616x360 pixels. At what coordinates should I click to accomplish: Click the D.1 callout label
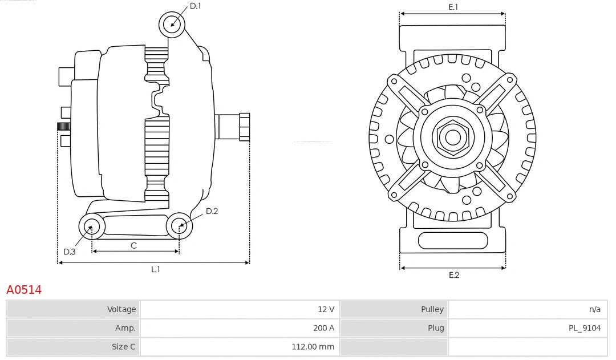pos(195,6)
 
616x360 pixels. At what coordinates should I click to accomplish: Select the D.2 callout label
pos(212,211)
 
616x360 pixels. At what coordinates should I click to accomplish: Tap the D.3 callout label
pos(69,252)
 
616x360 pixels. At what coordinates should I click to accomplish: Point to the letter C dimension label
pos(133,245)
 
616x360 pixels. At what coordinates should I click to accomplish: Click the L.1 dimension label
pos(155,269)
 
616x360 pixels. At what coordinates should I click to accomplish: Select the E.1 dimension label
pos(453,7)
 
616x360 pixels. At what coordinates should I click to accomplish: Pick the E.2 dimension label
pos(453,275)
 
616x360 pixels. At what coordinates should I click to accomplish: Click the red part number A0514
pos(24,290)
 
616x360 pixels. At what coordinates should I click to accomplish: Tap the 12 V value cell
pos(326,309)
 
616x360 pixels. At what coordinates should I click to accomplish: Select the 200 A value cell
pos(323,328)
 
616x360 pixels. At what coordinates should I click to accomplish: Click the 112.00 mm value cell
pos(313,346)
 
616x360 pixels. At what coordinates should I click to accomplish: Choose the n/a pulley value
pos(594,309)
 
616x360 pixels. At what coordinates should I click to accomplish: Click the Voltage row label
pos(121,309)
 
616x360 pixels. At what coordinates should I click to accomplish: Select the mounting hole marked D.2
pos(179,226)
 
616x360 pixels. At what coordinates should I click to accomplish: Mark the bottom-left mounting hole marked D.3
pos(91,227)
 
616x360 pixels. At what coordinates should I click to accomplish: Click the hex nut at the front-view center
pos(452,137)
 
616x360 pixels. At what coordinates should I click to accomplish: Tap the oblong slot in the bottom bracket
pos(452,240)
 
